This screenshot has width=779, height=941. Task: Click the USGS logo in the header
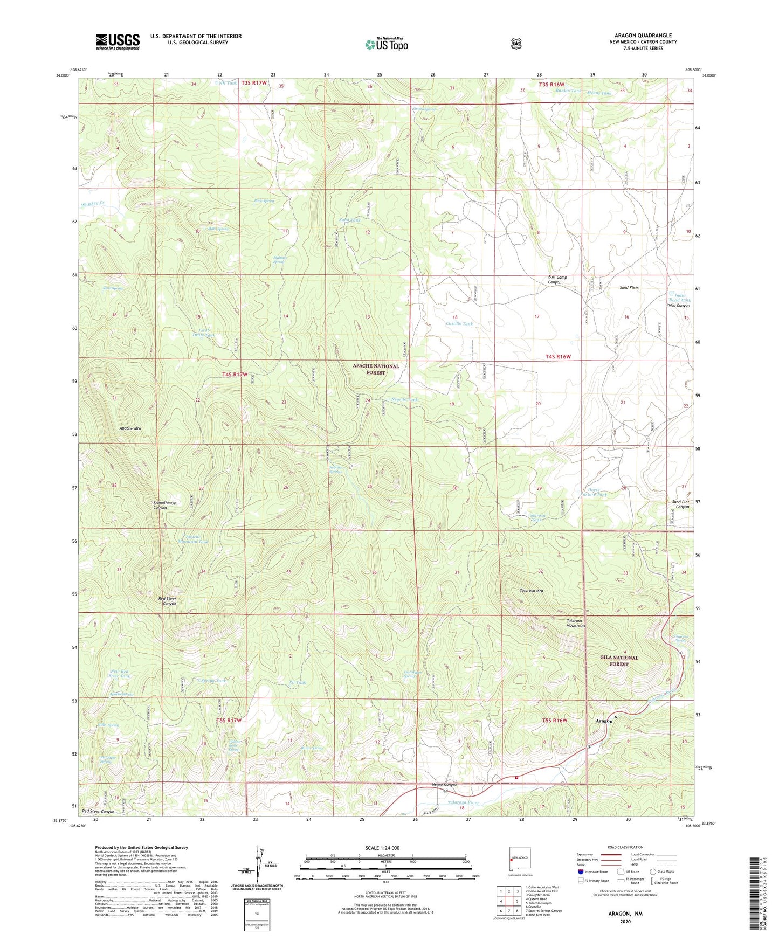tap(118, 41)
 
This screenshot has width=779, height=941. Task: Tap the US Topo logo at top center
tap(386, 44)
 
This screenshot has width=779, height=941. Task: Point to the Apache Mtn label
tap(130, 428)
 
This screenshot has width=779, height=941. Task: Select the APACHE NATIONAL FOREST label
tap(376, 369)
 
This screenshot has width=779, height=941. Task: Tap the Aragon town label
tap(604, 721)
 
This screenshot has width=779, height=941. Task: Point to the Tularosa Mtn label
tap(531, 591)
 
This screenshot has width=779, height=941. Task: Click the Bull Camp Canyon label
tap(557, 280)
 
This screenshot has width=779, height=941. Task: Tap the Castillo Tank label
tap(459, 324)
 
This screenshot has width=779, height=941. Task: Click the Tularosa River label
tap(463, 802)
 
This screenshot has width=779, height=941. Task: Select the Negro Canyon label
tap(444, 785)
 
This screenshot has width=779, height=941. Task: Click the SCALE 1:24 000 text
tap(382, 848)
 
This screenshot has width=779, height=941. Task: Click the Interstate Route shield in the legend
tap(580, 871)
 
